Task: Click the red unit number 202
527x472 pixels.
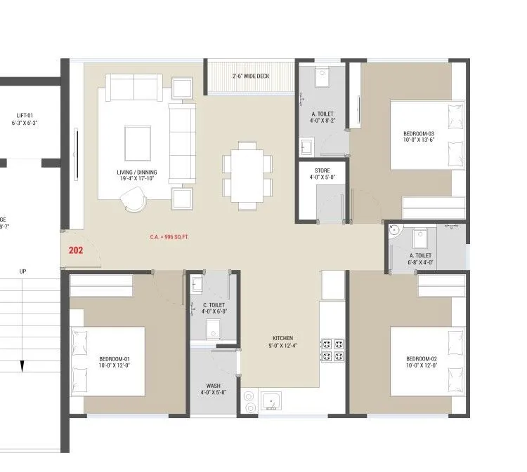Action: point(77,250)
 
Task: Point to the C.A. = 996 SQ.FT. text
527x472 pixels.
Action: point(169,237)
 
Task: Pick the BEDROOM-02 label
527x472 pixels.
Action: point(421,362)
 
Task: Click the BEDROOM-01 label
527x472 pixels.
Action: point(115,362)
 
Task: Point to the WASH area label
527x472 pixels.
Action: point(213,389)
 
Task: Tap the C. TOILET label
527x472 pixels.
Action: point(214,307)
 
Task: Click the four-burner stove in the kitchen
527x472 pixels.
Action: point(332,350)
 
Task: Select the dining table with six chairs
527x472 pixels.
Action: point(247,175)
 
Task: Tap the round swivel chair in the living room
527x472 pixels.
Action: point(134,201)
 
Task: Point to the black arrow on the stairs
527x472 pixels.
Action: point(22,365)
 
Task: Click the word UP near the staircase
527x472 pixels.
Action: point(22,271)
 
